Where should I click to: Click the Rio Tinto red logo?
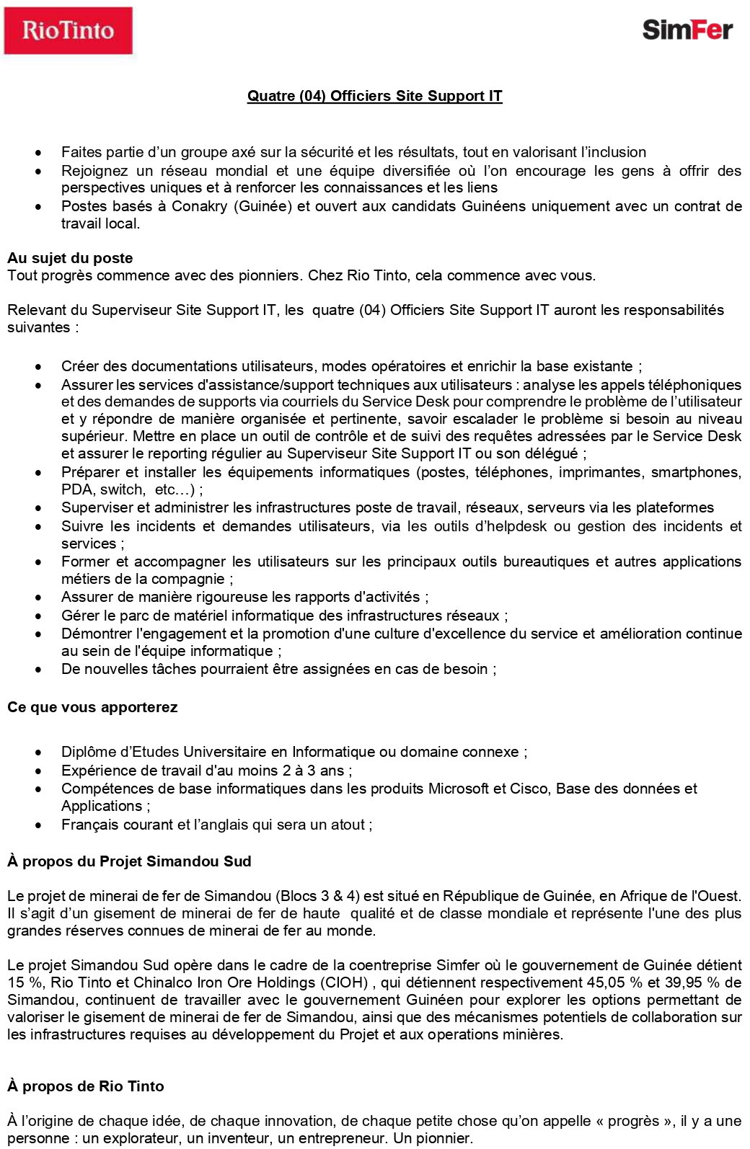69,31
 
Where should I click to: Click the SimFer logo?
687,30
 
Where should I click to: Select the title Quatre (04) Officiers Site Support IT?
374,96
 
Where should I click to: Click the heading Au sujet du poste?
70,258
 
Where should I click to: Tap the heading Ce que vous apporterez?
92,707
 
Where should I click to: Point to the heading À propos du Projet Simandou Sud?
129,861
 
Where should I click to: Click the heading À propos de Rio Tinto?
86,1086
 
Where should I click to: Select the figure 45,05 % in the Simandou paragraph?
613,982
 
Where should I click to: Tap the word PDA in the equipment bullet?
77,489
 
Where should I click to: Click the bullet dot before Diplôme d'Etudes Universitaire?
38,753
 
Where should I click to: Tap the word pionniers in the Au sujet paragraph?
270,275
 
